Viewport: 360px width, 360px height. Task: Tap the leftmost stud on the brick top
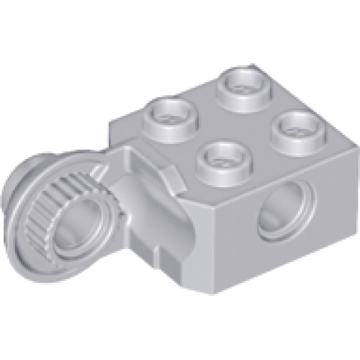pyautogui.click(x=171, y=117)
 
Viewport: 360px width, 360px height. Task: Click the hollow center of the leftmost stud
pyautogui.click(x=171, y=114)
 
